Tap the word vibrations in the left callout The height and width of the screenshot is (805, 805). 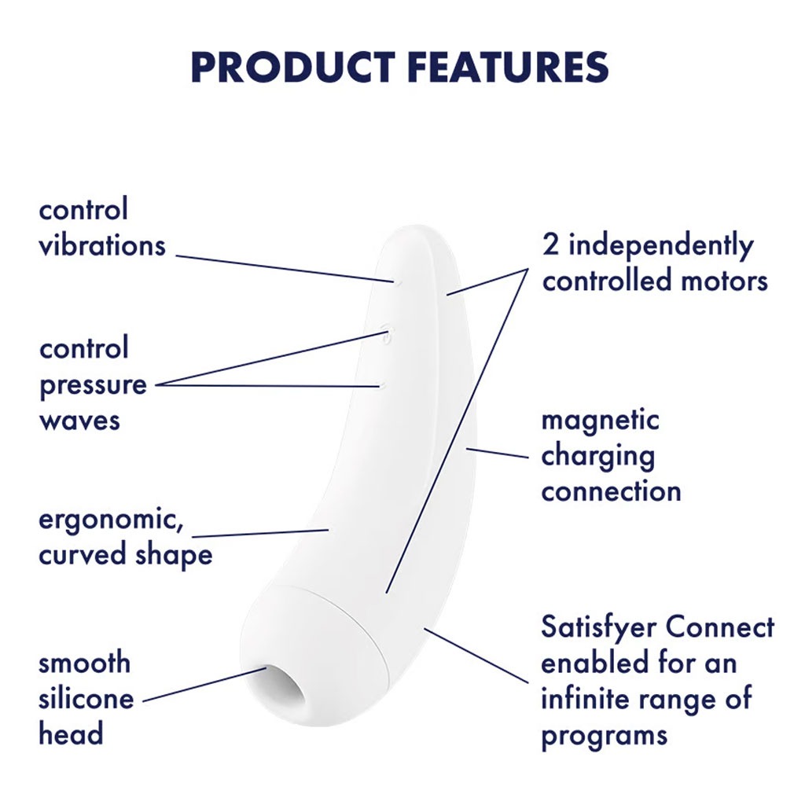(x=103, y=245)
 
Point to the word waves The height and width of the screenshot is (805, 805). (x=79, y=421)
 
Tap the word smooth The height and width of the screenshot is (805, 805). (x=85, y=663)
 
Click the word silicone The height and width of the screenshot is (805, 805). (x=86, y=698)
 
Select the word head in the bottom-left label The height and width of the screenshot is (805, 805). (x=71, y=733)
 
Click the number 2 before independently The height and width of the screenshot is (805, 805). (x=550, y=245)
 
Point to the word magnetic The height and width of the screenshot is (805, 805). (x=600, y=420)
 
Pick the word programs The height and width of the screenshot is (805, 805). (x=605, y=736)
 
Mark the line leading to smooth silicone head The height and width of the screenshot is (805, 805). (x=204, y=685)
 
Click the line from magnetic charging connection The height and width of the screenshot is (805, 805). (x=497, y=453)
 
